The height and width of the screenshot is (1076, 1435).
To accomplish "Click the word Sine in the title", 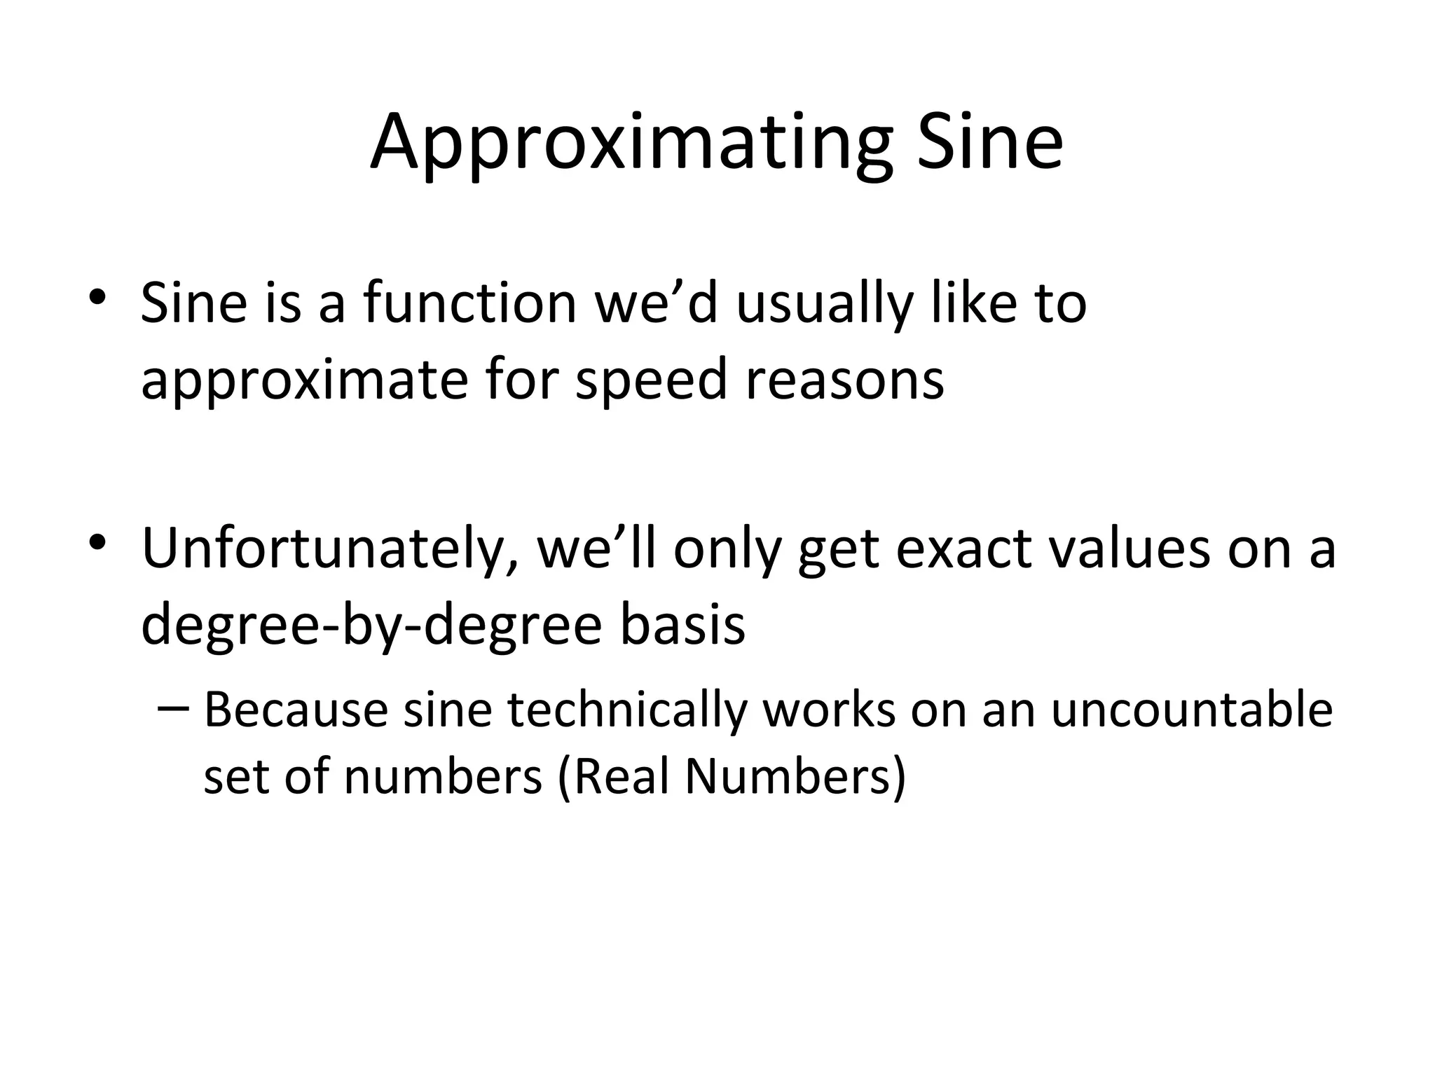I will point(990,144).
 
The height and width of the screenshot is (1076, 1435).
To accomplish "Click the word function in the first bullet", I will point(469,303).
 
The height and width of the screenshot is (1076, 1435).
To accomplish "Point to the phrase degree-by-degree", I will point(371,626).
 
